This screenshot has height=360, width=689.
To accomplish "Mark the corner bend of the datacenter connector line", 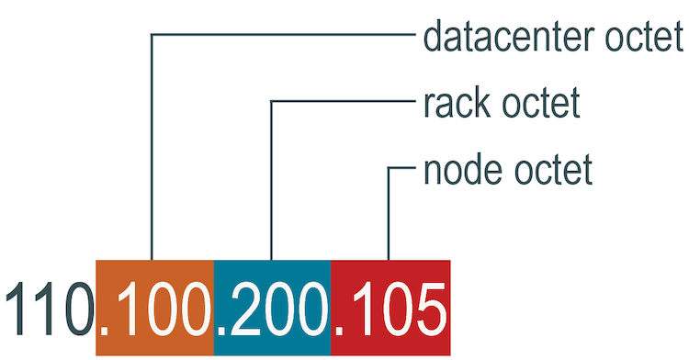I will pyautogui.click(x=152, y=36).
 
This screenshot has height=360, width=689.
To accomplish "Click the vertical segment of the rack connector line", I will pyautogui.click(x=270, y=184).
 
